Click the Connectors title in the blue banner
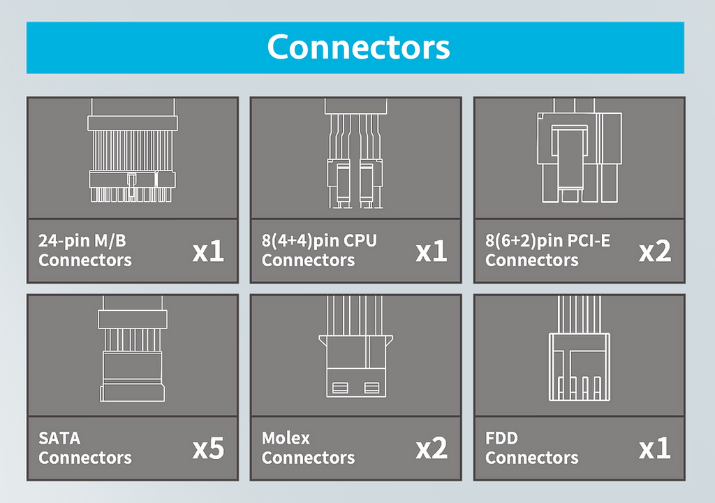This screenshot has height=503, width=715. coord(358,47)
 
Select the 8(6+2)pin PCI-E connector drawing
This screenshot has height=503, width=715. coord(579,155)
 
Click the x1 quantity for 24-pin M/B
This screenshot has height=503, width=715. coord(208,251)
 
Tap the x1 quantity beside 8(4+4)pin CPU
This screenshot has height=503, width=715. coord(432,251)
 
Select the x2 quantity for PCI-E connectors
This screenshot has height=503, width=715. coord(655,251)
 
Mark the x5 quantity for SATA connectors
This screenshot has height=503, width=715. coord(208,449)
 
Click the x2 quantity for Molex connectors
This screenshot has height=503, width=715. coord(432,449)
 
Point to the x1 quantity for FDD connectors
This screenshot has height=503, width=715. coord(655,449)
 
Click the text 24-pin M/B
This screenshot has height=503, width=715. coord(82,241)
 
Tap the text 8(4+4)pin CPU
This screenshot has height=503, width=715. coord(319,241)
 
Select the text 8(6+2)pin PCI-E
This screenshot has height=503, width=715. coord(547,241)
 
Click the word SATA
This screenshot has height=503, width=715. coord(59,439)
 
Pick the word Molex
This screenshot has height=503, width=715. coord(286,439)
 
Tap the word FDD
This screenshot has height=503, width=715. coord(501,439)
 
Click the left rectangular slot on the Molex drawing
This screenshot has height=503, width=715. coord(340,387)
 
